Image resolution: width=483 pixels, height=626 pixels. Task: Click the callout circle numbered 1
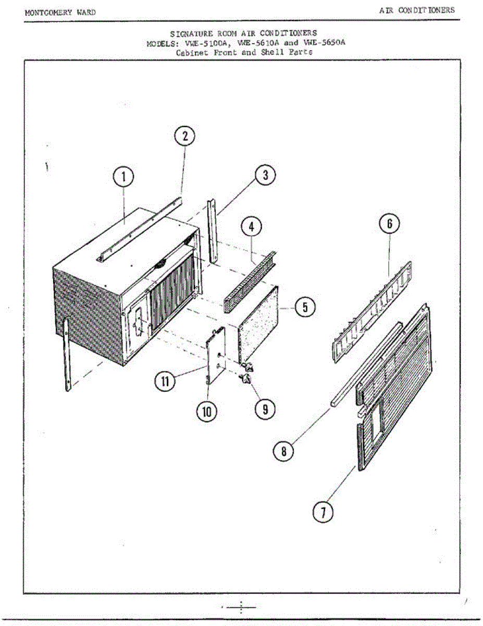124,177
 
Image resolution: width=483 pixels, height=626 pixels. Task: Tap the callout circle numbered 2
184,136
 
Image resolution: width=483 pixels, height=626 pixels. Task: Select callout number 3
265,175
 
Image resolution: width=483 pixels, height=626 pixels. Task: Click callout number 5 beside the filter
305,307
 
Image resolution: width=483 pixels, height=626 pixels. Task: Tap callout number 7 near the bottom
323,512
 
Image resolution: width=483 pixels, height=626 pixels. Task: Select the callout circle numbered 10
206,412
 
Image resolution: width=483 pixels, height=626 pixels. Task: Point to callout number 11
165,381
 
